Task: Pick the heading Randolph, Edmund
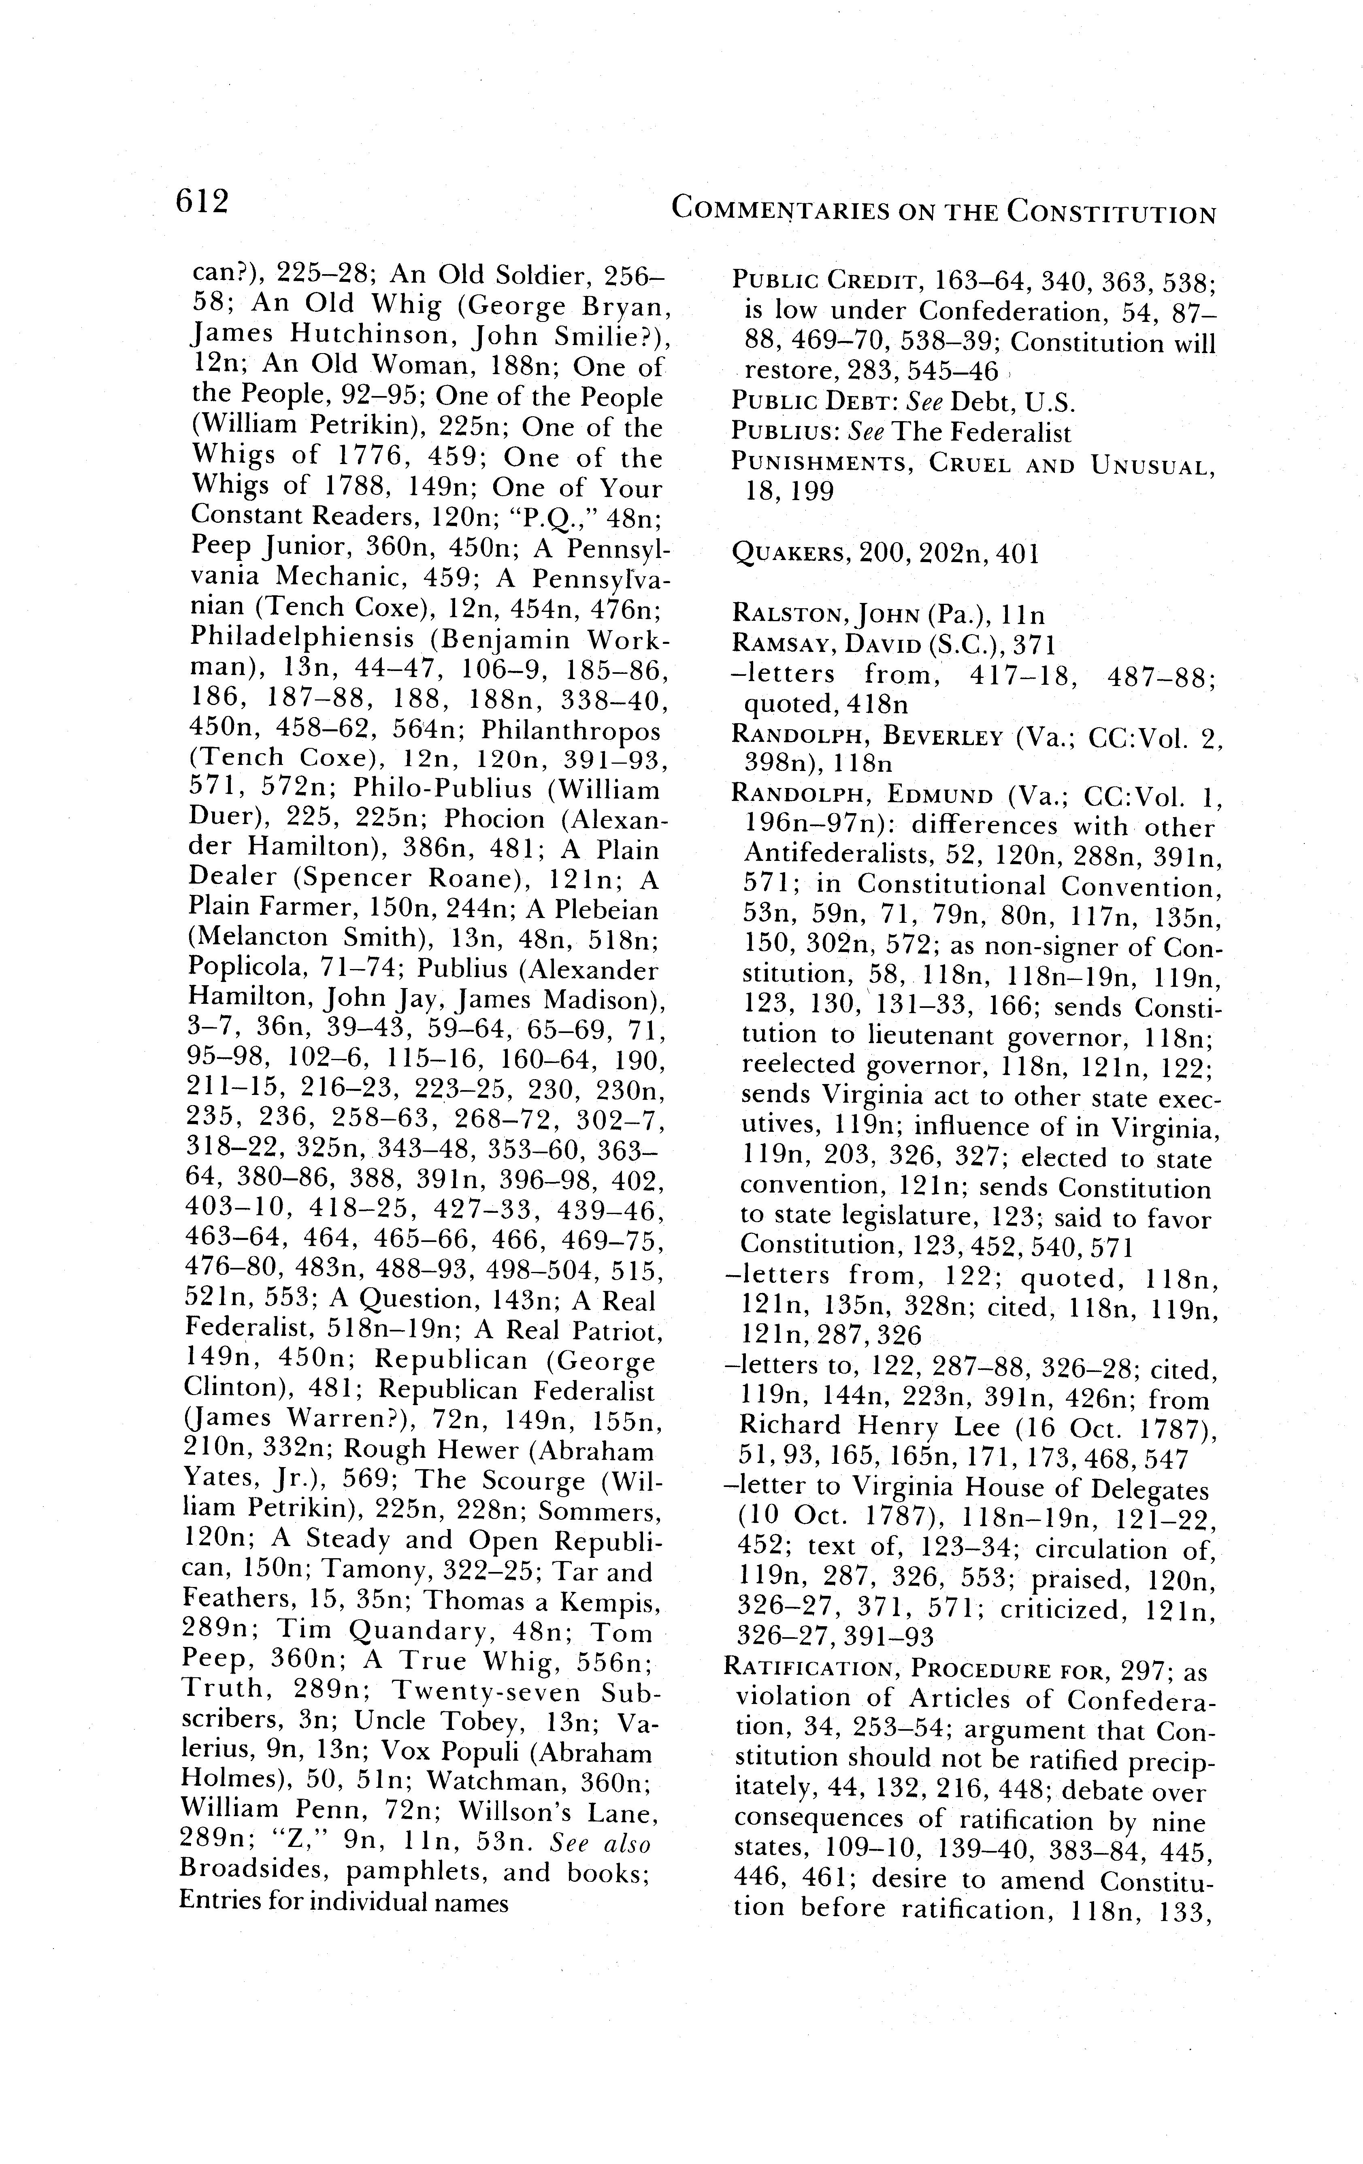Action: coord(862,796)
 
